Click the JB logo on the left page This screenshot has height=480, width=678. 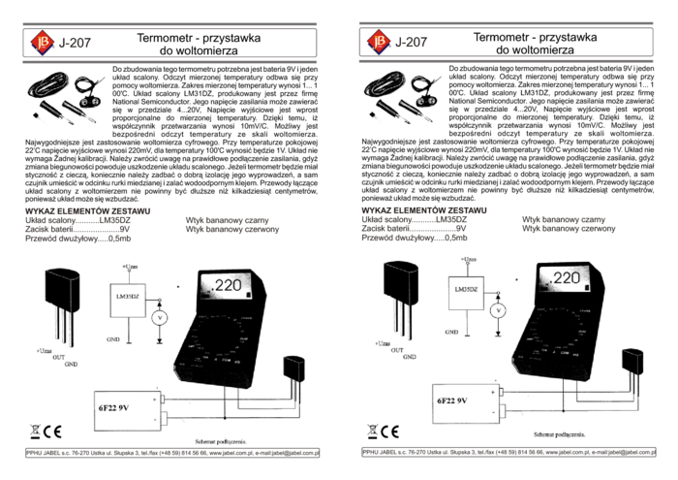click(x=42, y=43)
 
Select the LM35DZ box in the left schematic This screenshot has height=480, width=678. click(x=130, y=292)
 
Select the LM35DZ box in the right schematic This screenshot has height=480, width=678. click(x=467, y=288)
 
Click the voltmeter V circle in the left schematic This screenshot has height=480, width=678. click(x=162, y=317)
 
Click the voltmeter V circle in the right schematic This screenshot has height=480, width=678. click(x=498, y=310)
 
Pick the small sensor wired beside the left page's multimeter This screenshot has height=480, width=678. click(x=293, y=367)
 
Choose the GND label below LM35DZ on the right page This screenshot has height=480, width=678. click(x=452, y=331)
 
